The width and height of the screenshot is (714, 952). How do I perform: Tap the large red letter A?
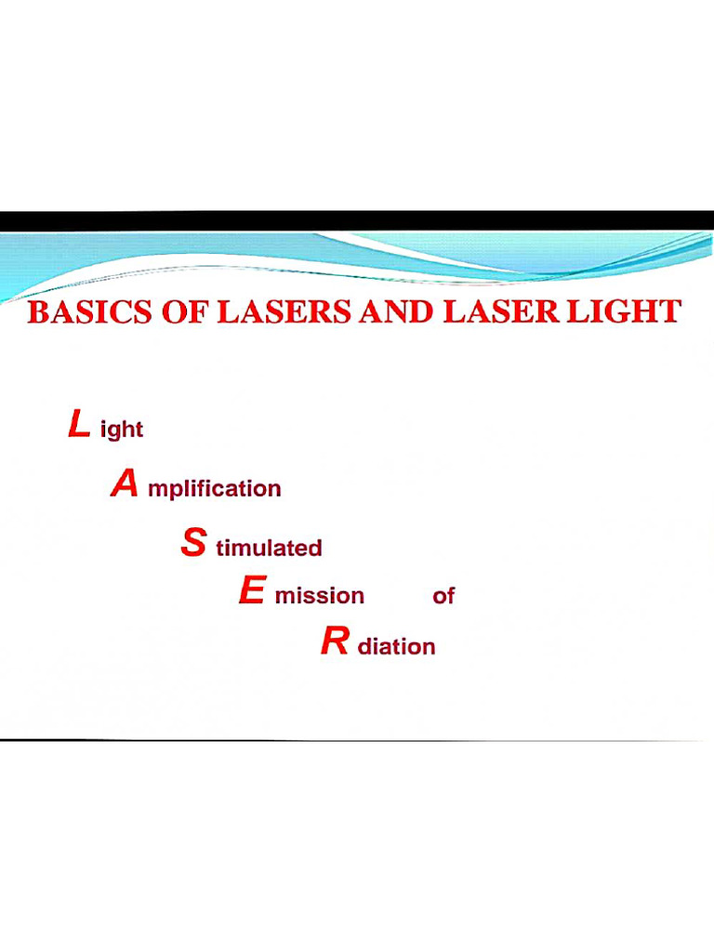[x=125, y=484]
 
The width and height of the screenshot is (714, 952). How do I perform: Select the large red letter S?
[x=192, y=543]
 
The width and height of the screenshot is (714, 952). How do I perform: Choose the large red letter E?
[x=252, y=591]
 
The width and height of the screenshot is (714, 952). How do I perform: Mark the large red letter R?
[x=334, y=641]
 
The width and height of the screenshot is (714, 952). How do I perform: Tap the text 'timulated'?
[x=269, y=549]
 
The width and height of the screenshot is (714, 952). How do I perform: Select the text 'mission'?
[x=319, y=596]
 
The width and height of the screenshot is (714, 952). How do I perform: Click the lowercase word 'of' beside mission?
[x=443, y=596]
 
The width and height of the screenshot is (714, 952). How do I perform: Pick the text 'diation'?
[x=396, y=646]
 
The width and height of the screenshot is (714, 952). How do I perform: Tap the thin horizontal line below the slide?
[x=357, y=740]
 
